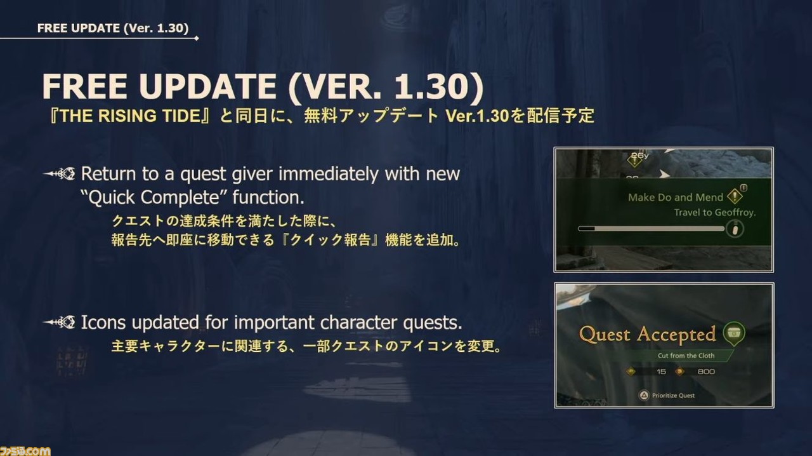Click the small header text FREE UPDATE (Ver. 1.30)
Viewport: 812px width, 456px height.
113,29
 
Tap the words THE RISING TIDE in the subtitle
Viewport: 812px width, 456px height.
130,116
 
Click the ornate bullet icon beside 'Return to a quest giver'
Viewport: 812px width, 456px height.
59,174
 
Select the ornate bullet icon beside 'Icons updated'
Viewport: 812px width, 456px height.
59,322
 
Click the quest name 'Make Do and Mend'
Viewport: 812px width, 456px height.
676,197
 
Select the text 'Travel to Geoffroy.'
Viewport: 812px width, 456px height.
715,212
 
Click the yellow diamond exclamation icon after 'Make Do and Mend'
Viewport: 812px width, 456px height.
735,196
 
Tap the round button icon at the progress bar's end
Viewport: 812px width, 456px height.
735,229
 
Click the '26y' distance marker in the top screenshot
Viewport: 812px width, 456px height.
639,156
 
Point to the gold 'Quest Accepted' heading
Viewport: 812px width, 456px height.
648,334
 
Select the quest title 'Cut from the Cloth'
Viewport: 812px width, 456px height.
686,356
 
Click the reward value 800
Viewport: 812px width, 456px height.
706,372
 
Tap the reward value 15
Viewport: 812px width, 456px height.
661,372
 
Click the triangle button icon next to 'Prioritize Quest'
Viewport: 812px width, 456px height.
643,396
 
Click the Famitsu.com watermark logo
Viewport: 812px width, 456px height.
25,451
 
